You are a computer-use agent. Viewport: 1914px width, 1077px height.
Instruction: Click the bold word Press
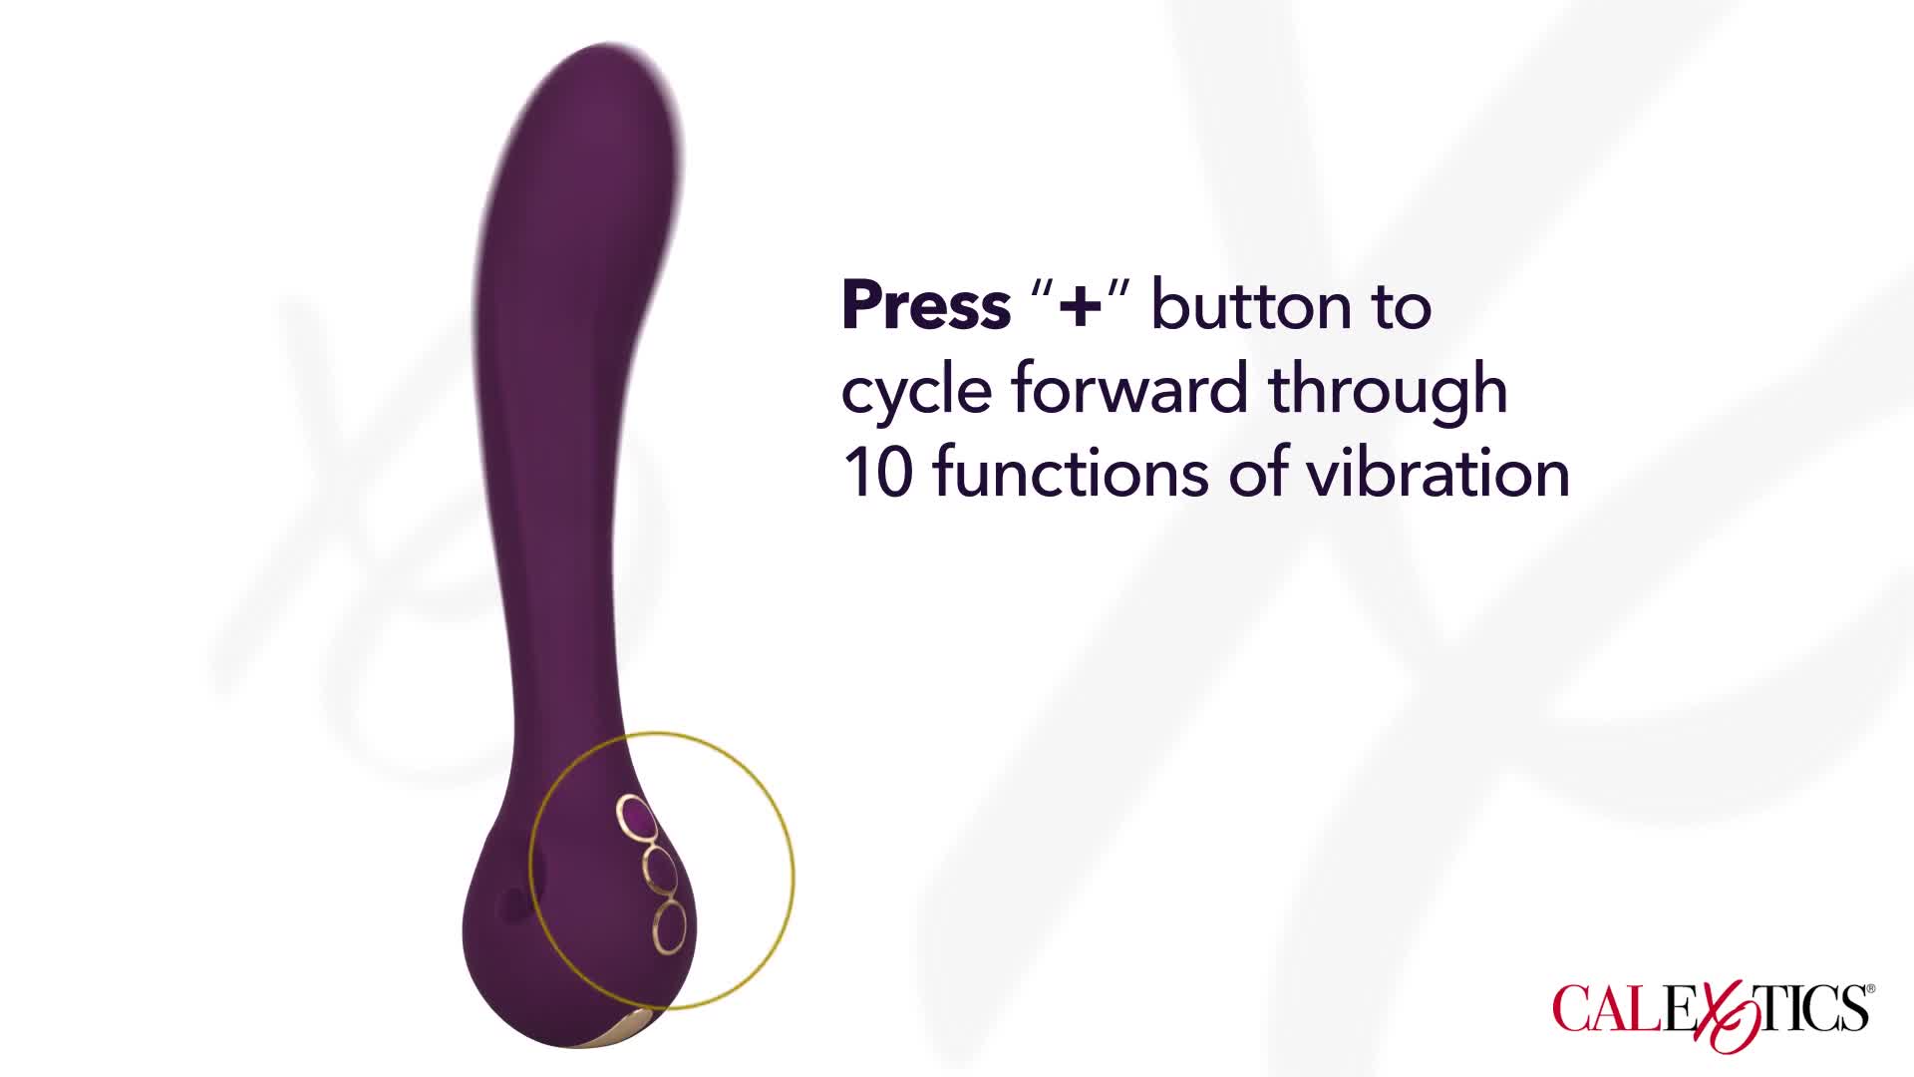(926, 305)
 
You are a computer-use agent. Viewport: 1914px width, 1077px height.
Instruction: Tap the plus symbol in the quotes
(1081, 307)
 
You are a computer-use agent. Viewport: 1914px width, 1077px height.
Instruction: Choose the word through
(1388, 391)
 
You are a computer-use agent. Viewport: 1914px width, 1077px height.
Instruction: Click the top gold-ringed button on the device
(637, 819)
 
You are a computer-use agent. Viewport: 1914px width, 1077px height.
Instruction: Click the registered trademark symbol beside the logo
(1870, 989)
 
